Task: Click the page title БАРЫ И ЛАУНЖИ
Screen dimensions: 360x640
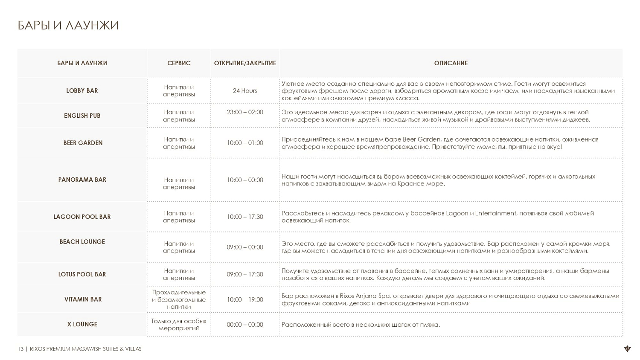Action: (68, 26)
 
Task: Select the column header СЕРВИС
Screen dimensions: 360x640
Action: (179, 63)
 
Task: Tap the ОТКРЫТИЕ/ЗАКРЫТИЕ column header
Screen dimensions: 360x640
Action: (245, 63)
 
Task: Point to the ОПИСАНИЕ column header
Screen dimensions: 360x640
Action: (451, 63)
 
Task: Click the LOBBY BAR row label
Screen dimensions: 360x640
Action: (82, 91)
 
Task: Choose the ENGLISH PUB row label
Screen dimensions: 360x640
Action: (82, 116)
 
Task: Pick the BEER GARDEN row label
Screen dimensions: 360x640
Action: (83, 143)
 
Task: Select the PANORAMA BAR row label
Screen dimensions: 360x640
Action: (82, 180)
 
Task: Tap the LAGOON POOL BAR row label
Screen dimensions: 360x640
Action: (82, 217)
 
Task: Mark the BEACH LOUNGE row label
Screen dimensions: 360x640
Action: (82, 242)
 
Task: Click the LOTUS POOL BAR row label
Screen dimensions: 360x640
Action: (82, 274)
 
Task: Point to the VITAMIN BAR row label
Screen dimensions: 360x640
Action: (83, 299)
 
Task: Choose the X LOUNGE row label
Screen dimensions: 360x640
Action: (82, 324)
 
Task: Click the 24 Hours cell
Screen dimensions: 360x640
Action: (245, 91)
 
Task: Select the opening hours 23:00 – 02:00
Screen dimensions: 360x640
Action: (245, 112)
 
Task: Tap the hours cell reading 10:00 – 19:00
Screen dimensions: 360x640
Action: (245, 300)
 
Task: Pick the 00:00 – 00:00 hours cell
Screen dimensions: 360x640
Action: (245, 325)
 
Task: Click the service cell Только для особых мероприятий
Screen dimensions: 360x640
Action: (179, 325)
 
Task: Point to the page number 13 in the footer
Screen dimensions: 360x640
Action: (20, 349)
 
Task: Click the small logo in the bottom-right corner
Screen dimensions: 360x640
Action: (627, 349)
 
